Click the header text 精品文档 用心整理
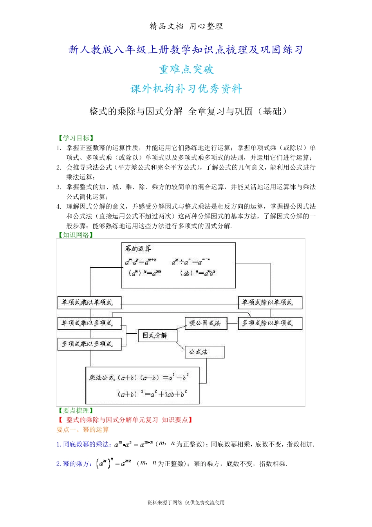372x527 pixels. (x=186, y=26)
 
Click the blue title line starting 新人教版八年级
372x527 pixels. (x=186, y=49)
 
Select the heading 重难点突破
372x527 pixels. (x=186, y=69)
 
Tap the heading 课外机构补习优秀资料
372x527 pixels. (x=186, y=89)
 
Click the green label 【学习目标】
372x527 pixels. (x=76, y=138)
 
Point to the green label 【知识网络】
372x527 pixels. (x=76, y=235)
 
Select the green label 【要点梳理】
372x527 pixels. (x=76, y=411)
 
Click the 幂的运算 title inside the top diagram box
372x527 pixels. (x=138, y=249)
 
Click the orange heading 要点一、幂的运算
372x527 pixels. (x=83, y=430)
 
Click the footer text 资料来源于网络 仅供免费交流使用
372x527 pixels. (x=186, y=502)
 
